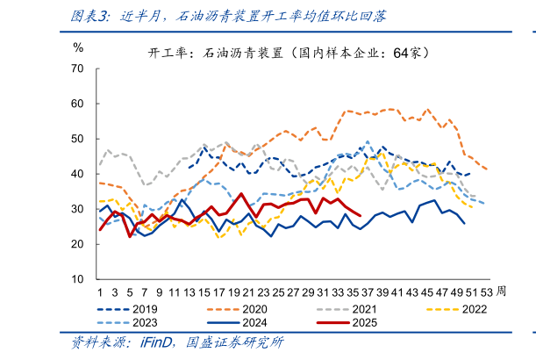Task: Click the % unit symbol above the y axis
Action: [78, 47]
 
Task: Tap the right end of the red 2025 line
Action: [361, 214]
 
